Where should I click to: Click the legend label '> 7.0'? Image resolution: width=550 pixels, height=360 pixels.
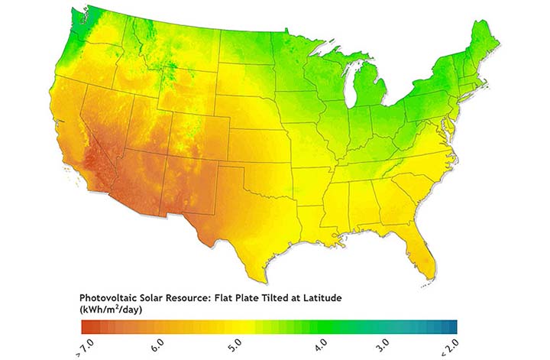82,349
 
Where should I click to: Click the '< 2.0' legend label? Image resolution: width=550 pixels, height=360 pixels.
454,349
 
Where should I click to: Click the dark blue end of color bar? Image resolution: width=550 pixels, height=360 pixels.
452,326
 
